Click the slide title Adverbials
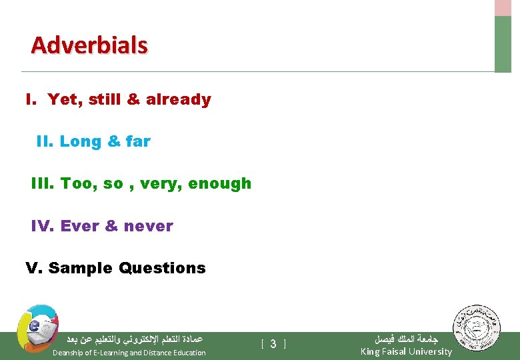coord(89,45)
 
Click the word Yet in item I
coord(63,99)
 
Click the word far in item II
coord(137,141)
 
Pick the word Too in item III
coord(76,183)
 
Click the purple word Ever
coord(78,226)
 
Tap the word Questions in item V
coord(162,268)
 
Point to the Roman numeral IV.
coord(41,226)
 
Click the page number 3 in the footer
coord(273,344)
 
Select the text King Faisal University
coord(405,351)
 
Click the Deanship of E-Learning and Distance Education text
coord(129,353)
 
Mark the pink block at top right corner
coord(503,7)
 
